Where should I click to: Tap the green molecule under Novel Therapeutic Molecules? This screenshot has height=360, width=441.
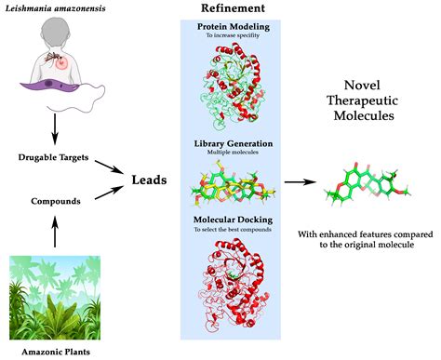tap(367, 182)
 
